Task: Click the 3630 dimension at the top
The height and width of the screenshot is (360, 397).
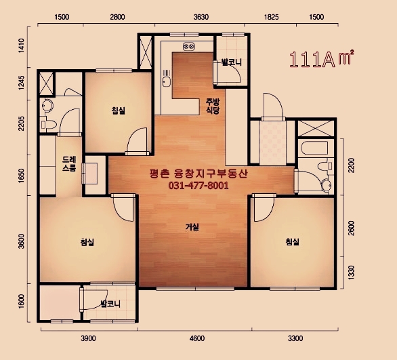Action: tap(201, 17)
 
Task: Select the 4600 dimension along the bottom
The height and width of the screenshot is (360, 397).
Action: tap(197, 338)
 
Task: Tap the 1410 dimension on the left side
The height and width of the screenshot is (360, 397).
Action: tap(22, 45)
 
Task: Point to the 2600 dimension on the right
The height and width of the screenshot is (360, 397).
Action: tap(351, 228)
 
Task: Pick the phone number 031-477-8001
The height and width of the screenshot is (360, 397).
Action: tap(198, 186)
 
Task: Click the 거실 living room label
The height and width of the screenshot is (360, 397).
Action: tap(192, 227)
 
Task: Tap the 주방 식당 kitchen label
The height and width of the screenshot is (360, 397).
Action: tap(213, 106)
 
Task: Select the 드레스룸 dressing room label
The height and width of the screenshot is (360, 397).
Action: tap(69, 164)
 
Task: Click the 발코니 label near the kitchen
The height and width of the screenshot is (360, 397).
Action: tap(232, 62)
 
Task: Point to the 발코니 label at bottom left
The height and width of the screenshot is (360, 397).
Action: tap(110, 304)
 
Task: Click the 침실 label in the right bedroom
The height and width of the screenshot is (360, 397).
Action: tap(292, 242)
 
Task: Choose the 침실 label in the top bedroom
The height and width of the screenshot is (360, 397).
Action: tap(119, 111)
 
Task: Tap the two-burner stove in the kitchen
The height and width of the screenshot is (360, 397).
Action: tap(189, 46)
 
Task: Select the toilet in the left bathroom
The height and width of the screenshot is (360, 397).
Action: tap(49, 124)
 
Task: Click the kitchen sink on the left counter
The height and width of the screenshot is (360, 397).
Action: tap(167, 81)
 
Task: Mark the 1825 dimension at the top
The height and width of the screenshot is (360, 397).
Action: tap(272, 17)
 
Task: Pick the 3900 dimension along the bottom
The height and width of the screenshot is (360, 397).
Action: tap(88, 338)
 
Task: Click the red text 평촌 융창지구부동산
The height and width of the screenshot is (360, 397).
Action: tap(198, 174)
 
